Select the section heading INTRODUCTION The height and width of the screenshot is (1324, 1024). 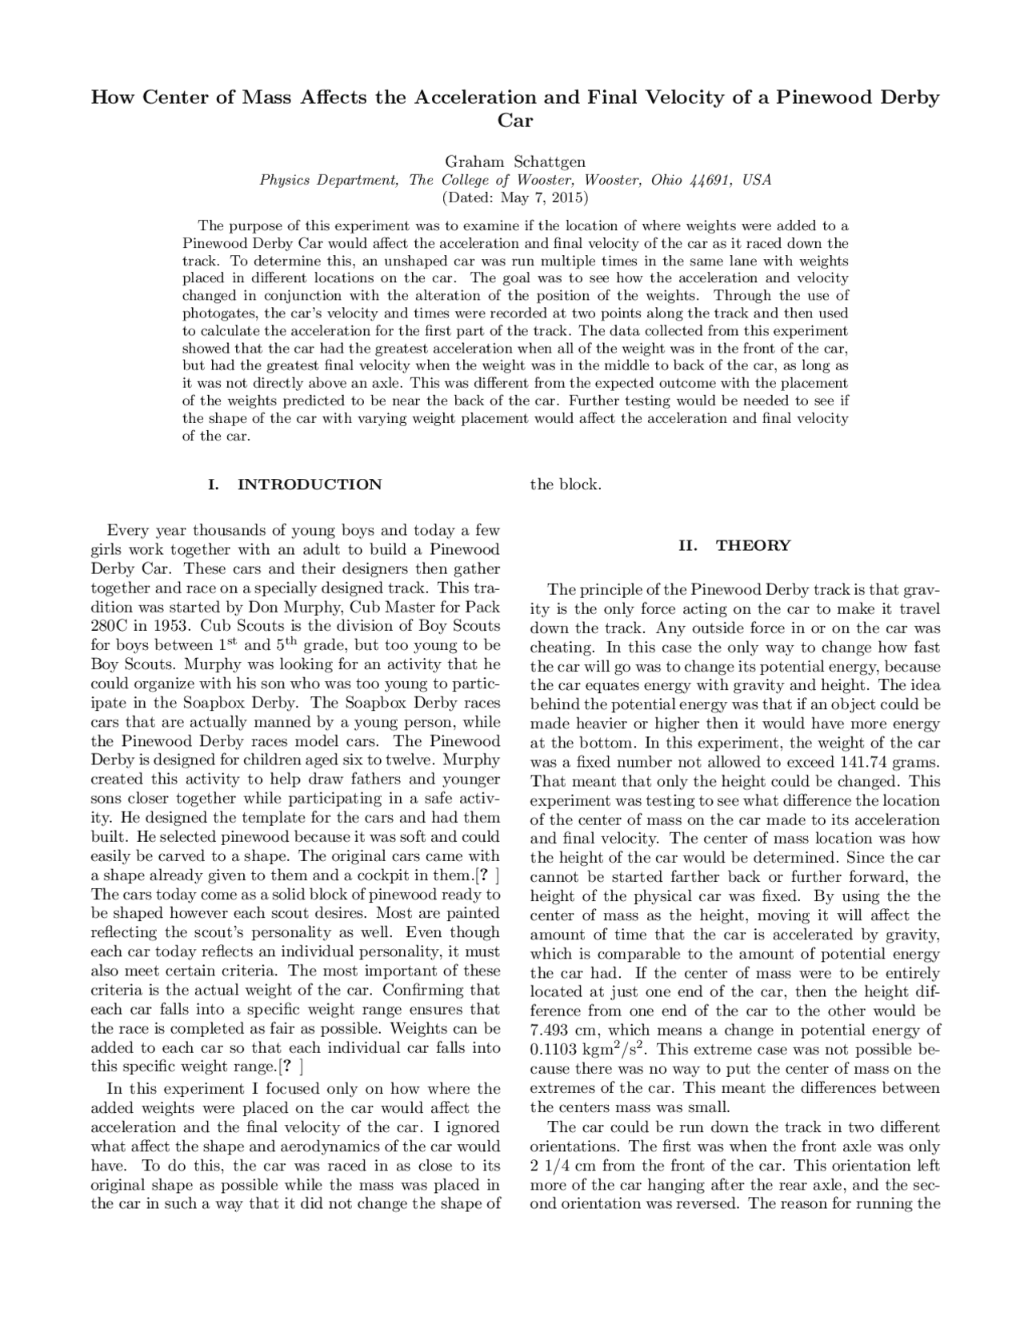[310, 485]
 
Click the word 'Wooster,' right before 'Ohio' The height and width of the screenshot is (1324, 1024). [613, 180]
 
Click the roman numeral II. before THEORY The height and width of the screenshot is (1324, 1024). [687, 545]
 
